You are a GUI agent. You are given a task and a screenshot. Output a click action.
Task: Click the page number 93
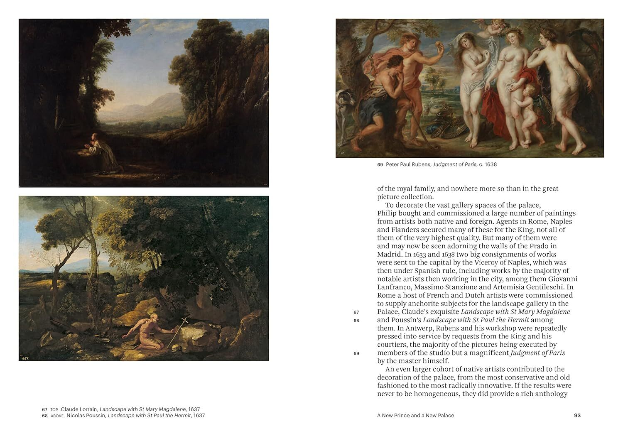577,415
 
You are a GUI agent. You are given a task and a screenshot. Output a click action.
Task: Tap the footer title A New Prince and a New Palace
415,415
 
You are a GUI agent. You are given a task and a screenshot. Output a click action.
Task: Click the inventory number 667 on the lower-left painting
25,358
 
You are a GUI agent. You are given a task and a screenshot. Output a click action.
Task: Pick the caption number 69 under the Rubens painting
380,164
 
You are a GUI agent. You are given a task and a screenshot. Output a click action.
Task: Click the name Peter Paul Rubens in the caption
408,164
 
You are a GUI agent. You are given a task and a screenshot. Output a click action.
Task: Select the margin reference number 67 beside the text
356,312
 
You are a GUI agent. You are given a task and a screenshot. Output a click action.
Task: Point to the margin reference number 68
356,321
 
